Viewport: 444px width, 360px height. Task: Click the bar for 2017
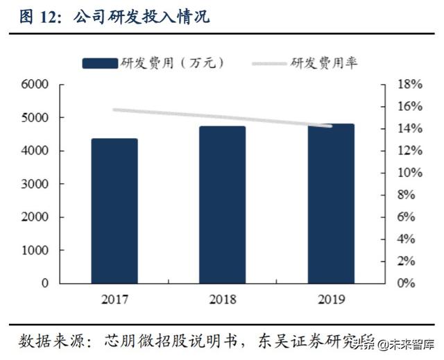114,211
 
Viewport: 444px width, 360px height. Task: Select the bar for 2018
222,205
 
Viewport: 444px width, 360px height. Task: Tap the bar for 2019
331,204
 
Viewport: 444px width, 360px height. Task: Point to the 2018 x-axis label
222,300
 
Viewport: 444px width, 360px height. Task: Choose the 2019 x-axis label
331,300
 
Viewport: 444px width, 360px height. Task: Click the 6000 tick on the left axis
34,85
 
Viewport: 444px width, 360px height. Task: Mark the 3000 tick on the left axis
34,184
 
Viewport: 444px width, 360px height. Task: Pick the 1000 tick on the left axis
34,250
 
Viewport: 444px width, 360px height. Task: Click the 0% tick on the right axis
407,284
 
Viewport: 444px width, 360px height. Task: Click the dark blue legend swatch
99,63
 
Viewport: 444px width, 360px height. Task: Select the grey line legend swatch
262,63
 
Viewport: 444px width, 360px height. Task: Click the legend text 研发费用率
324,63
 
